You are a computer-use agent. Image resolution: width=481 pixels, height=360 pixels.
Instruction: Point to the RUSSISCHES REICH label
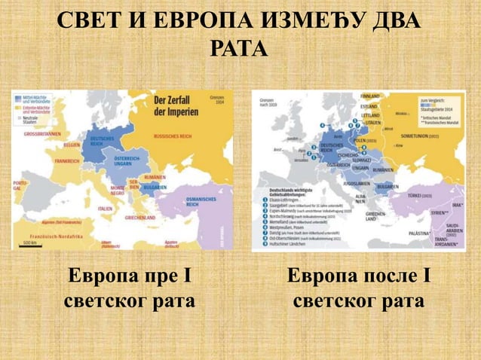coord(171,137)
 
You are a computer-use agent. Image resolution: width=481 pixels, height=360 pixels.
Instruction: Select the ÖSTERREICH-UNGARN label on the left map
coord(125,163)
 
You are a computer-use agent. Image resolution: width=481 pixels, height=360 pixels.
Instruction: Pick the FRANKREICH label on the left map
coord(67,161)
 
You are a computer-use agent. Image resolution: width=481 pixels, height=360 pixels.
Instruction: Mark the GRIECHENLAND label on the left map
coord(140,217)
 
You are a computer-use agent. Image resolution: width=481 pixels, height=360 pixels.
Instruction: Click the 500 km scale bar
coord(30,244)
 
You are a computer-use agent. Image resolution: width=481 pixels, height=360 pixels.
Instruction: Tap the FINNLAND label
coord(370,96)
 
